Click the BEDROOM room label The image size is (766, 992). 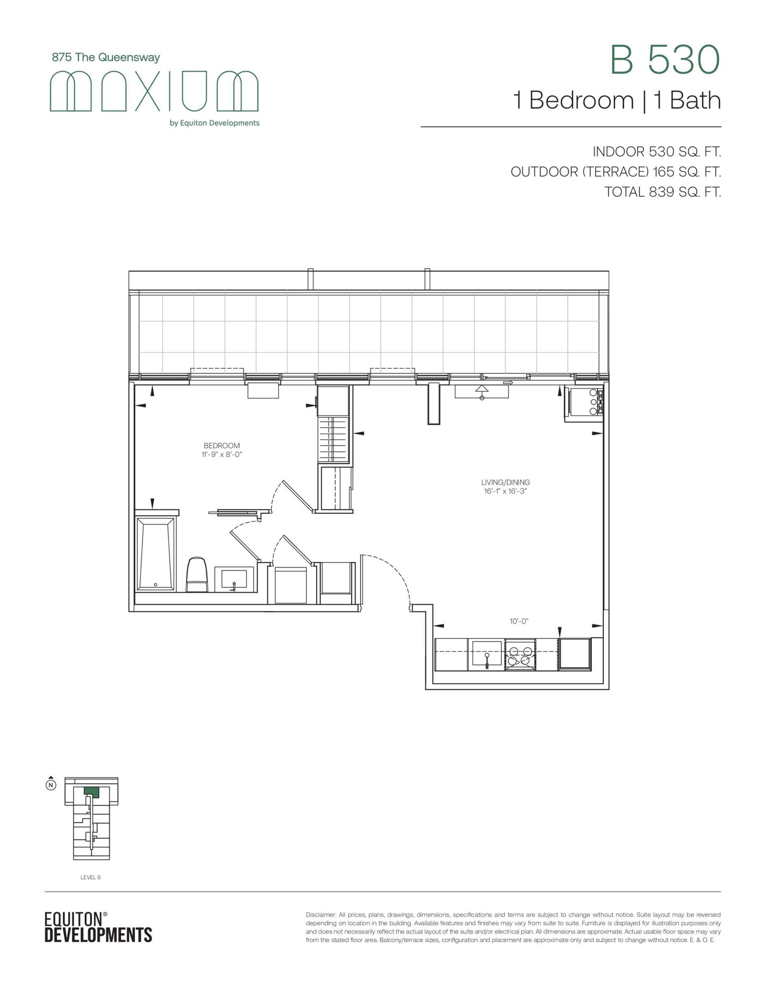tap(222, 446)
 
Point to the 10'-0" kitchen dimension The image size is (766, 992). tap(518, 621)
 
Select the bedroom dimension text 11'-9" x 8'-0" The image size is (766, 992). tap(222, 455)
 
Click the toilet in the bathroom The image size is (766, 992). tap(197, 574)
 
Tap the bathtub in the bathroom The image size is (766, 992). tap(156, 553)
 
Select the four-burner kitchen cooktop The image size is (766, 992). tap(520, 655)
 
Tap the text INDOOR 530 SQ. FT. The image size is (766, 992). tap(657, 152)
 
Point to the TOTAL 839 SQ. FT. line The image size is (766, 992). tap(663, 192)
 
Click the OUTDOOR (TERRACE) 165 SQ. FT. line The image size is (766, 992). tap(616, 171)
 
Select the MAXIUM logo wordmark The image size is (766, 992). tap(154, 91)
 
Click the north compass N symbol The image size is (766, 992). tap(51, 785)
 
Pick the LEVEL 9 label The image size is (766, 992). tap(90, 878)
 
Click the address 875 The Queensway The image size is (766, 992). tap(106, 57)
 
